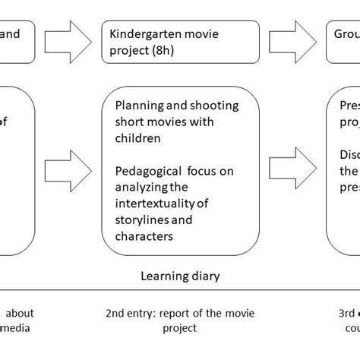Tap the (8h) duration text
pos(173,50)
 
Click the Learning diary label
pos(180,276)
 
